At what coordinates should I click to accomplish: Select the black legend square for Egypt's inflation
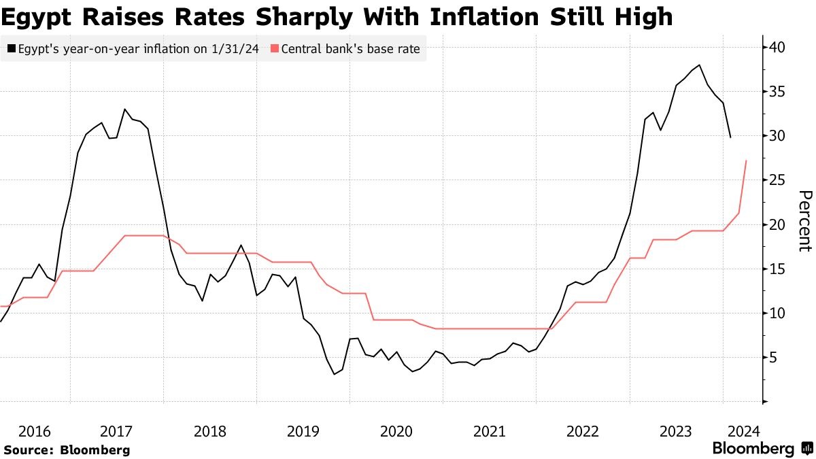coord(12,49)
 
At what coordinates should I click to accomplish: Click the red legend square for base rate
coord(274,49)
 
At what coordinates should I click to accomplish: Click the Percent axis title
coord(804,221)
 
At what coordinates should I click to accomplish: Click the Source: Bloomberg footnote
coord(67,449)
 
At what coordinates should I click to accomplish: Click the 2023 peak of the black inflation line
coord(699,65)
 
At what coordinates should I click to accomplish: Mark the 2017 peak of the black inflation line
coord(124,109)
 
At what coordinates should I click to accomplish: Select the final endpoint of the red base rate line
coord(747,160)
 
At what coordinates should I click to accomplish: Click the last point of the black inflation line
coord(730,138)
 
